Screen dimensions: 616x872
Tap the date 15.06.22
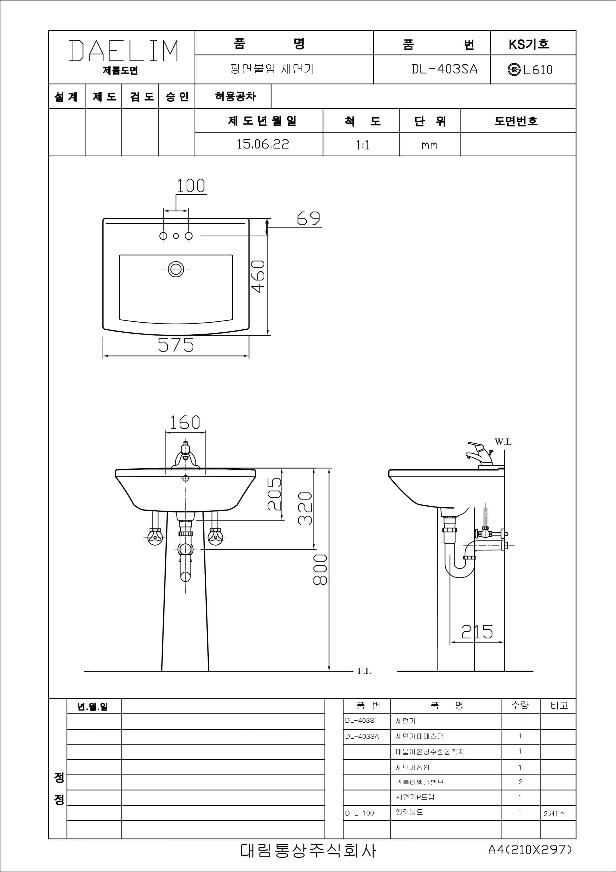point(263,144)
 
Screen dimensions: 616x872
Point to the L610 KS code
point(538,70)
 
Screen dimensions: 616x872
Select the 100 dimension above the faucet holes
point(191,185)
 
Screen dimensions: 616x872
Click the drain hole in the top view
point(176,269)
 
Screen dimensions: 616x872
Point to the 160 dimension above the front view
point(185,422)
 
